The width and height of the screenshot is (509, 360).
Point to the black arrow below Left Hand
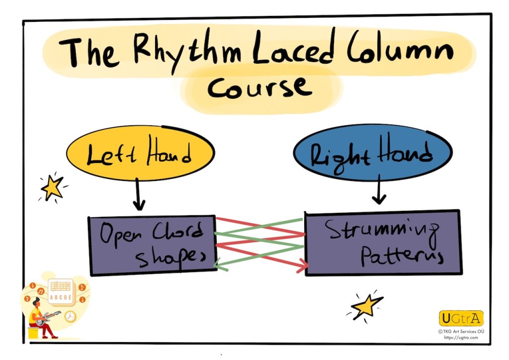coord(140,196)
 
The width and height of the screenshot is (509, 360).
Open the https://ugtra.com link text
coord(460,338)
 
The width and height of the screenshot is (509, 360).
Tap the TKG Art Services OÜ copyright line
coord(460,331)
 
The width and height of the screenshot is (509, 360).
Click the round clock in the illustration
coord(70,316)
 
